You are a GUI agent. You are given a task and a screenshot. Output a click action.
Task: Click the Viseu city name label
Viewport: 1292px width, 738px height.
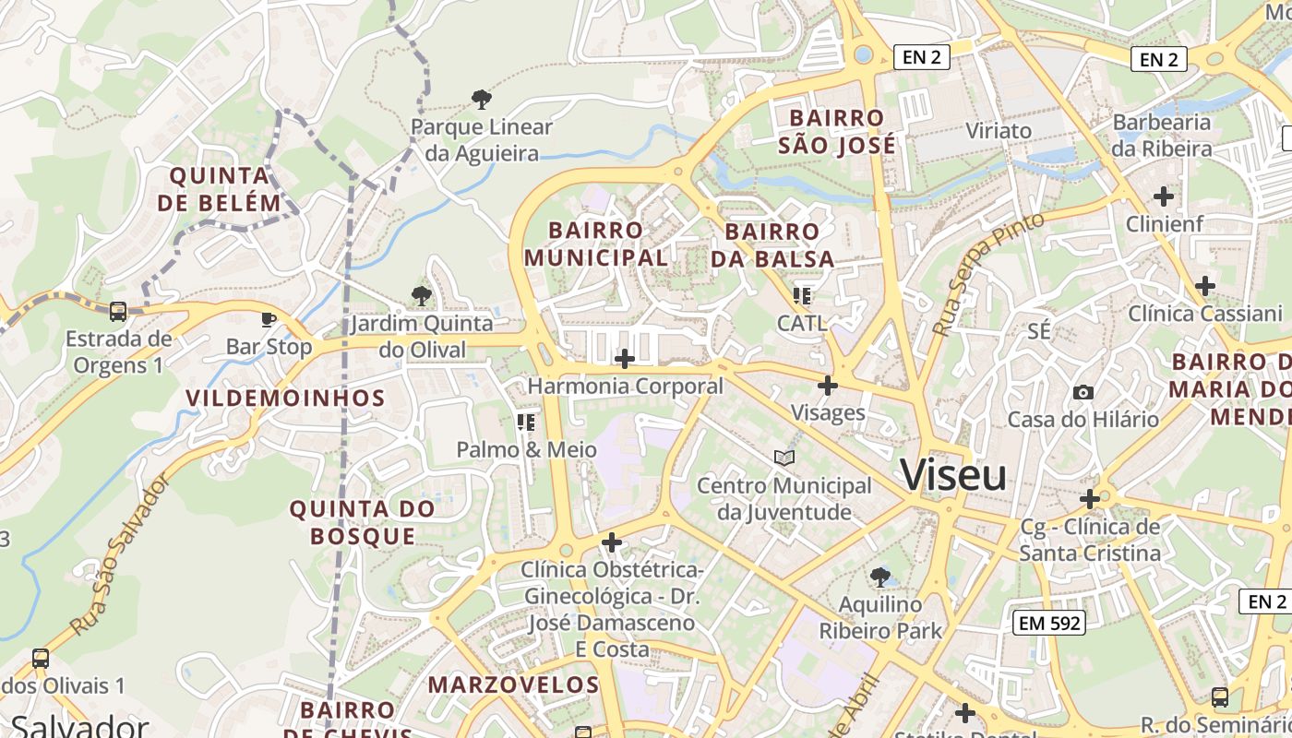tap(953, 475)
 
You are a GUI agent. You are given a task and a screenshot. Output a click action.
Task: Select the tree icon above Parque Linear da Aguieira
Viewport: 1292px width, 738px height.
tap(481, 100)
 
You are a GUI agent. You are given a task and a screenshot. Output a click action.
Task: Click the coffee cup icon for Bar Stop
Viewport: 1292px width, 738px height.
tap(269, 320)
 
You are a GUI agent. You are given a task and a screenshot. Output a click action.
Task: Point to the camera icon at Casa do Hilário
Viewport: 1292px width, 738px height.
tap(1083, 392)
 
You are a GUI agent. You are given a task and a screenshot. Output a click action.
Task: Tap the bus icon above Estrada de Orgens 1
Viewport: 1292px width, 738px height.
tap(118, 312)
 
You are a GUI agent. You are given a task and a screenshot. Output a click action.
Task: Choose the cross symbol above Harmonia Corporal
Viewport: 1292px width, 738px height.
tap(625, 358)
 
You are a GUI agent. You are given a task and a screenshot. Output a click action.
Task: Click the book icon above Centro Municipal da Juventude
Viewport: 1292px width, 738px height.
tap(784, 458)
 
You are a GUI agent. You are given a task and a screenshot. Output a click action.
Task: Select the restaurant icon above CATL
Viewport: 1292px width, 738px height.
tap(801, 296)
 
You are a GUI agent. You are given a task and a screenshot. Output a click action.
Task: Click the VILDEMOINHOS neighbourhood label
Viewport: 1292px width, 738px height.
tap(285, 398)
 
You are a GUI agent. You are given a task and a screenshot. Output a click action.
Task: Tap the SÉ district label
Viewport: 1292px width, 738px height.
tap(1039, 331)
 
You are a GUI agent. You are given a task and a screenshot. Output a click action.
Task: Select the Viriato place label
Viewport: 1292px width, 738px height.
tap(999, 130)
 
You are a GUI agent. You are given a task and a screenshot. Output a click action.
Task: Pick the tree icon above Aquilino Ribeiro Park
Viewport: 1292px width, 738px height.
tap(880, 577)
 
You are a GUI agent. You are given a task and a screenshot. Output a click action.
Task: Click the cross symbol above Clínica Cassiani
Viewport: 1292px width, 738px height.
tap(1204, 286)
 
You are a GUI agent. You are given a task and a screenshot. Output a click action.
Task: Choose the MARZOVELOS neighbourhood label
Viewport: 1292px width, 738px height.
tap(514, 684)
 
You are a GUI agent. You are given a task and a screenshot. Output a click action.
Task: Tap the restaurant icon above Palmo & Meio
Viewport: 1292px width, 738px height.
tap(526, 423)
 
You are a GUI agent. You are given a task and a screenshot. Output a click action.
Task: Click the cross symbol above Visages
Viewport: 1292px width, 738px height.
tap(828, 385)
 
